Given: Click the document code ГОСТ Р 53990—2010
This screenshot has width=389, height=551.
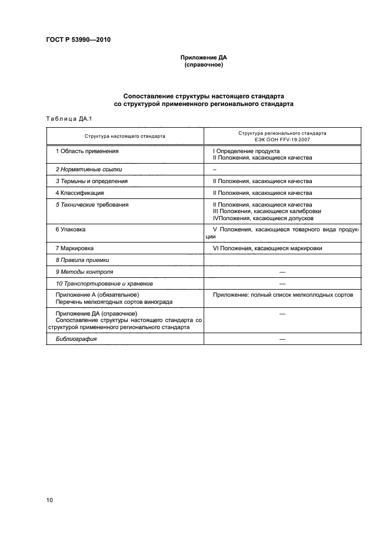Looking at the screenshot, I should click(x=78, y=40).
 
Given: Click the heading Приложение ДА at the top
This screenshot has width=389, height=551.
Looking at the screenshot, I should click(x=203, y=58).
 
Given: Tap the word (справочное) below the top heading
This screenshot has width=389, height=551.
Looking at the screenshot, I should click(x=203, y=65).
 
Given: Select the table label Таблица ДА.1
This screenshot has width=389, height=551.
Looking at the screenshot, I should click(x=67, y=119).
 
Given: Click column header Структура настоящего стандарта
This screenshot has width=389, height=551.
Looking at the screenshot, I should click(x=125, y=136).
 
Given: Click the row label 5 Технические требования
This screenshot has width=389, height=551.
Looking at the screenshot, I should click(x=92, y=204).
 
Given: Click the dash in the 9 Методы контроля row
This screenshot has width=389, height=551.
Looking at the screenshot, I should click(x=282, y=272).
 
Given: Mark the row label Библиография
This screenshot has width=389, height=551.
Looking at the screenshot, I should click(x=76, y=340).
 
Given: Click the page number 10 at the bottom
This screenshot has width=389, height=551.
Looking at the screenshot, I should click(x=50, y=500).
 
